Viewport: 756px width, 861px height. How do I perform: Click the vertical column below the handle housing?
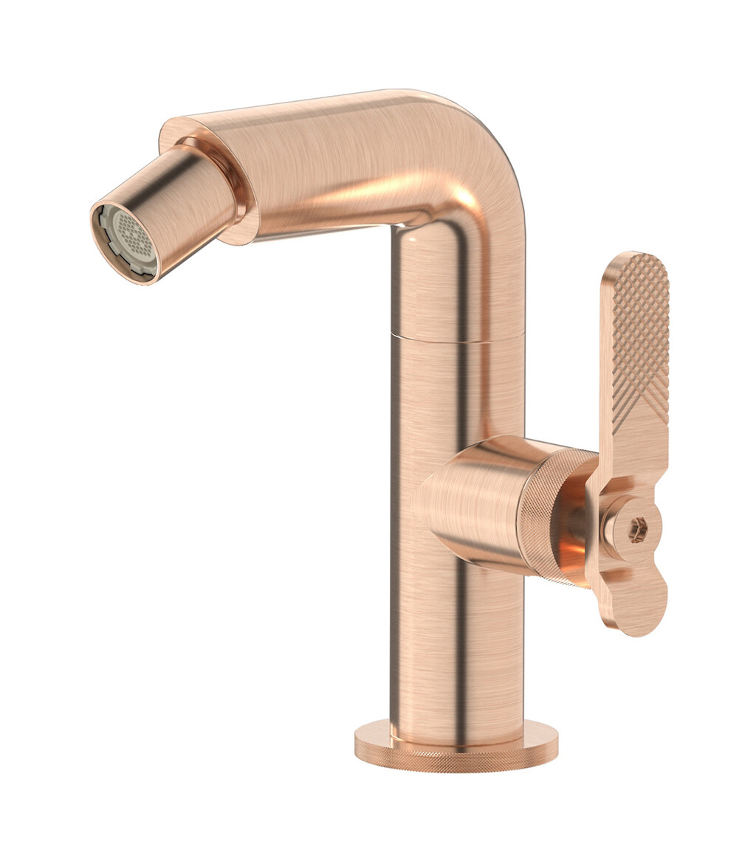click(458, 649)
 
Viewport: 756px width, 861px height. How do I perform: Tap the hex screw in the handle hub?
click(639, 528)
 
